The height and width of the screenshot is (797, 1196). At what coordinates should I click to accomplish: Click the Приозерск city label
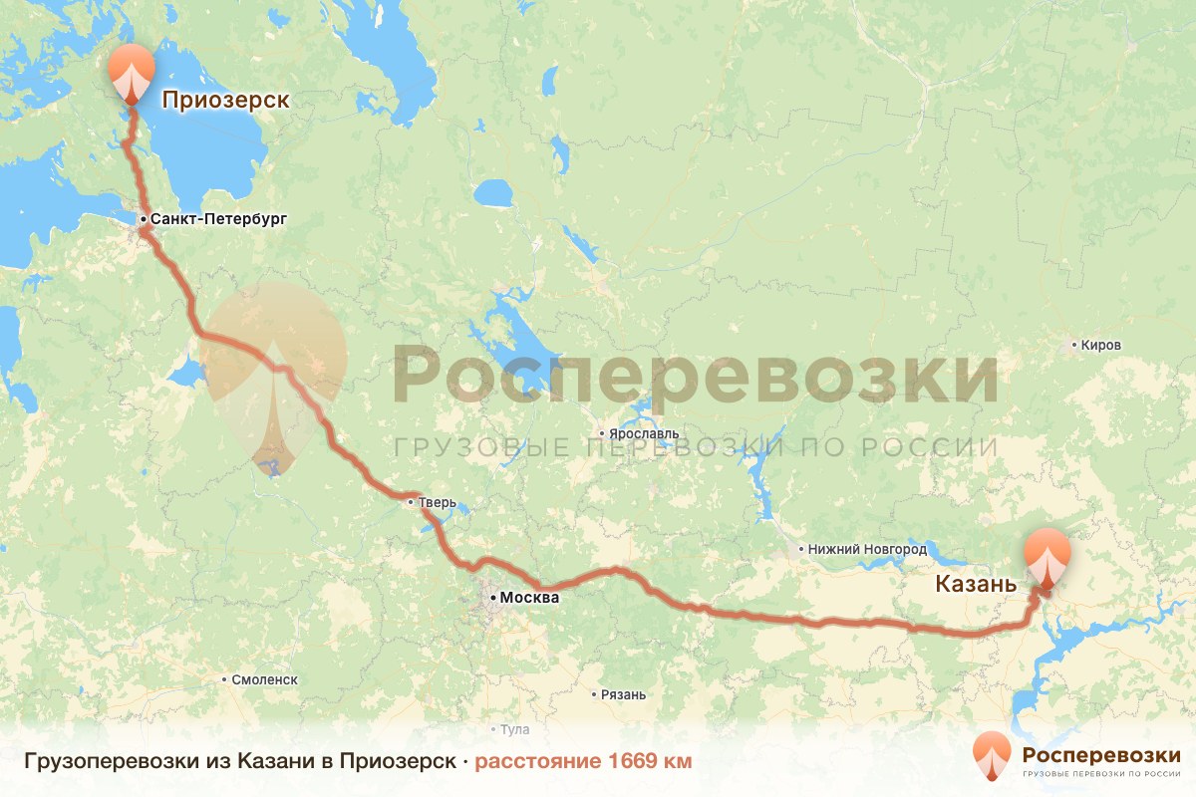pyautogui.click(x=225, y=100)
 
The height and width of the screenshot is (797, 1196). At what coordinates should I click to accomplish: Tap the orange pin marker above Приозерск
pyautogui.click(x=132, y=73)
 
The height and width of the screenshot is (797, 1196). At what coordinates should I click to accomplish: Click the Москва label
pyautogui.click(x=529, y=598)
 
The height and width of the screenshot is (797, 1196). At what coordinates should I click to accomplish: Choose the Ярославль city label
pyautogui.click(x=643, y=434)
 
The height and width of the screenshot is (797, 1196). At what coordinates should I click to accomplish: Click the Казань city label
pyautogui.click(x=976, y=585)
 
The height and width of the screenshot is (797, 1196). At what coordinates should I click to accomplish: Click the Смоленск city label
pyautogui.click(x=264, y=679)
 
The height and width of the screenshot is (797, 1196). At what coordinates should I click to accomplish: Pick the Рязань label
pyautogui.click(x=624, y=694)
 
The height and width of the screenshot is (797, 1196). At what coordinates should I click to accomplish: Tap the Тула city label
pyautogui.click(x=514, y=729)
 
